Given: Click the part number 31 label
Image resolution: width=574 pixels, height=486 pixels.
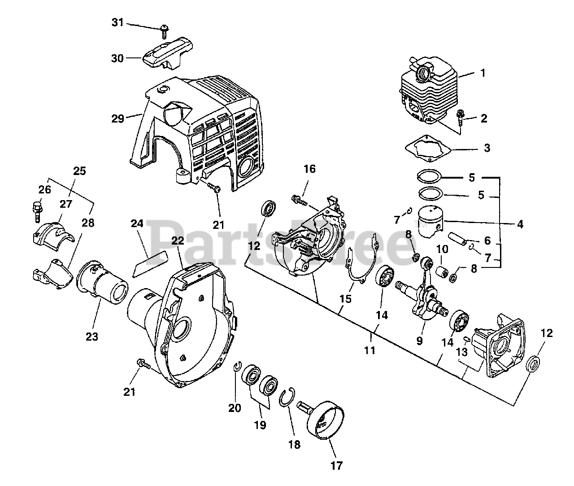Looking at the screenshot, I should click(117, 22).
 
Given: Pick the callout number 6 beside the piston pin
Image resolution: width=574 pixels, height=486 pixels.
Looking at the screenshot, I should click(487, 241).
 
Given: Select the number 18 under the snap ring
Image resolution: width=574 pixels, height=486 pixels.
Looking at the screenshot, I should click(295, 444).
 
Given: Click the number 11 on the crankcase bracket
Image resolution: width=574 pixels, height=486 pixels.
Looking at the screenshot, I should click(369, 350).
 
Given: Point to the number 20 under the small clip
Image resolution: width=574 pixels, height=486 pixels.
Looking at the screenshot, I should click(235, 408).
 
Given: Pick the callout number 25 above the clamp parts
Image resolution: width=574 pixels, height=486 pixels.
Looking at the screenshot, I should click(79, 171).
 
